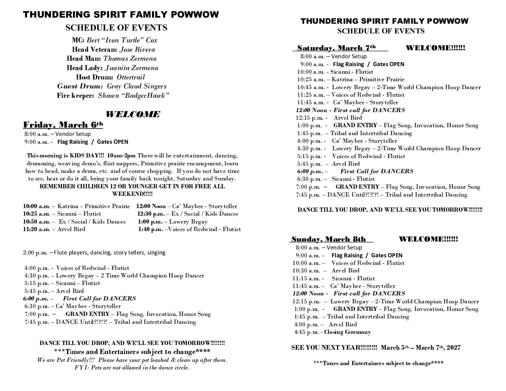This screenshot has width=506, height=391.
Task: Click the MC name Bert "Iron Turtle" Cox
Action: click(122, 40)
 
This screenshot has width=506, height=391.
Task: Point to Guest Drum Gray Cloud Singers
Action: click(137, 86)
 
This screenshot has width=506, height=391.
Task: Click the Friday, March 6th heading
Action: click(63, 125)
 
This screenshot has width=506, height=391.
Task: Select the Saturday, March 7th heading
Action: click(337, 48)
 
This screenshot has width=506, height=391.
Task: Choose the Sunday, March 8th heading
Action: click(328, 239)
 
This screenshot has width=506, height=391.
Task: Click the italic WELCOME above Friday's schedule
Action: click(133, 115)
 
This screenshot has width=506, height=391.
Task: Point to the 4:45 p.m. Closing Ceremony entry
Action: click(332, 332)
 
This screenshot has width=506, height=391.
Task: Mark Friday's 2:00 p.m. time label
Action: click(35, 253)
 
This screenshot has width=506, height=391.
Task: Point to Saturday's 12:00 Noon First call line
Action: click(350, 110)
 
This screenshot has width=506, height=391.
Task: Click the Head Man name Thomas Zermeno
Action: click(130, 59)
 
